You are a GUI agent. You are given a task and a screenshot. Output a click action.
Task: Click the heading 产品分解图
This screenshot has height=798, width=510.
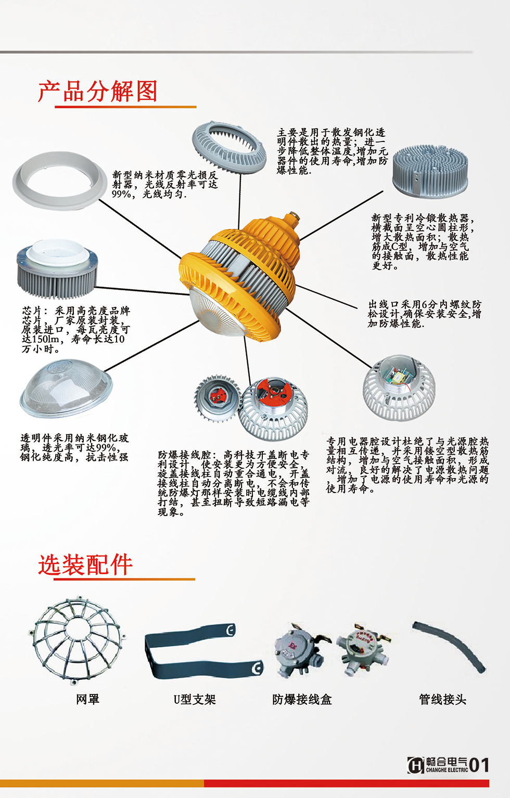[97, 92]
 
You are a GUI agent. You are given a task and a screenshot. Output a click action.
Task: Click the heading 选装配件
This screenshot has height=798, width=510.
[85, 564]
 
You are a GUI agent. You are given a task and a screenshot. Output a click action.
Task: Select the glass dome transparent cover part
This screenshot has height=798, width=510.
[66, 388]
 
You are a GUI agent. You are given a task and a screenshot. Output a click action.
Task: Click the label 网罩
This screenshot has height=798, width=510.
[87, 699]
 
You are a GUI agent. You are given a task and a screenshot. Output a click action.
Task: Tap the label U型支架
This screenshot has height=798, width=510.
[195, 700]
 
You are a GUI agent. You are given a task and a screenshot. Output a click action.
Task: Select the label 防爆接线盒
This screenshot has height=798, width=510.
[302, 700]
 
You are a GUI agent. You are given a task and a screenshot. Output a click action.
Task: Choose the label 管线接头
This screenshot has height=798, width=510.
[443, 700]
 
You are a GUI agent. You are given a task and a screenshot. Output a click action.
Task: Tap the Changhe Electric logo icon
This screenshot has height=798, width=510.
[416, 765]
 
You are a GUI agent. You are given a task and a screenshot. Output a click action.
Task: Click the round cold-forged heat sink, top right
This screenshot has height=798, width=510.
[430, 172]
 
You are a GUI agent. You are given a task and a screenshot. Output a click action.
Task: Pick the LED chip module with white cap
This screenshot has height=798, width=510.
[57, 269]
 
